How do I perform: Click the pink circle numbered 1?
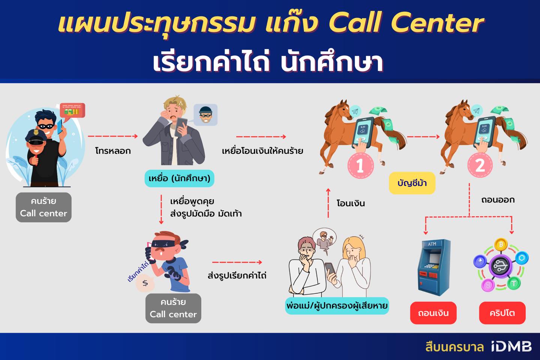pyautogui.click(x=360, y=165)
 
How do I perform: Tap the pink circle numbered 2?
pyautogui.click(x=480, y=165)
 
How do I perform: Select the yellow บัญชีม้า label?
pyautogui.click(x=412, y=183)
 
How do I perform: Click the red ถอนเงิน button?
pyautogui.click(x=433, y=313)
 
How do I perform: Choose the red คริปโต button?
pyautogui.click(x=502, y=313)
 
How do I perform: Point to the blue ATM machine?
pyautogui.click(x=433, y=267)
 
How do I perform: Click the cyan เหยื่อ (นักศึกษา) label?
pyautogui.click(x=179, y=178)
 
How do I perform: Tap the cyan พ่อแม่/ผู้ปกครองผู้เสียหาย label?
pyautogui.click(x=337, y=306)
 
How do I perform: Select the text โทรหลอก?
pyautogui.click(x=113, y=151)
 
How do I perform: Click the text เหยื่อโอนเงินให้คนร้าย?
pyautogui.click(x=262, y=151)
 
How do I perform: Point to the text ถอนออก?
pyautogui.click(x=498, y=199)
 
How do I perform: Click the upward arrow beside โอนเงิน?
pyautogui.click(x=328, y=203)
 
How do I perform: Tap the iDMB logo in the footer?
pyautogui.click(x=511, y=346)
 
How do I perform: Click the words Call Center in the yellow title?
pyautogui.click(x=406, y=22)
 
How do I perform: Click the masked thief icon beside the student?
pyautogui.click(x=205, y=115)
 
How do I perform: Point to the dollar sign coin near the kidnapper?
pyautogui.click(x=145, y=283)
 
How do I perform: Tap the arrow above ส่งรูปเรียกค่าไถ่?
pyautogui.click(x=237, y=262)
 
